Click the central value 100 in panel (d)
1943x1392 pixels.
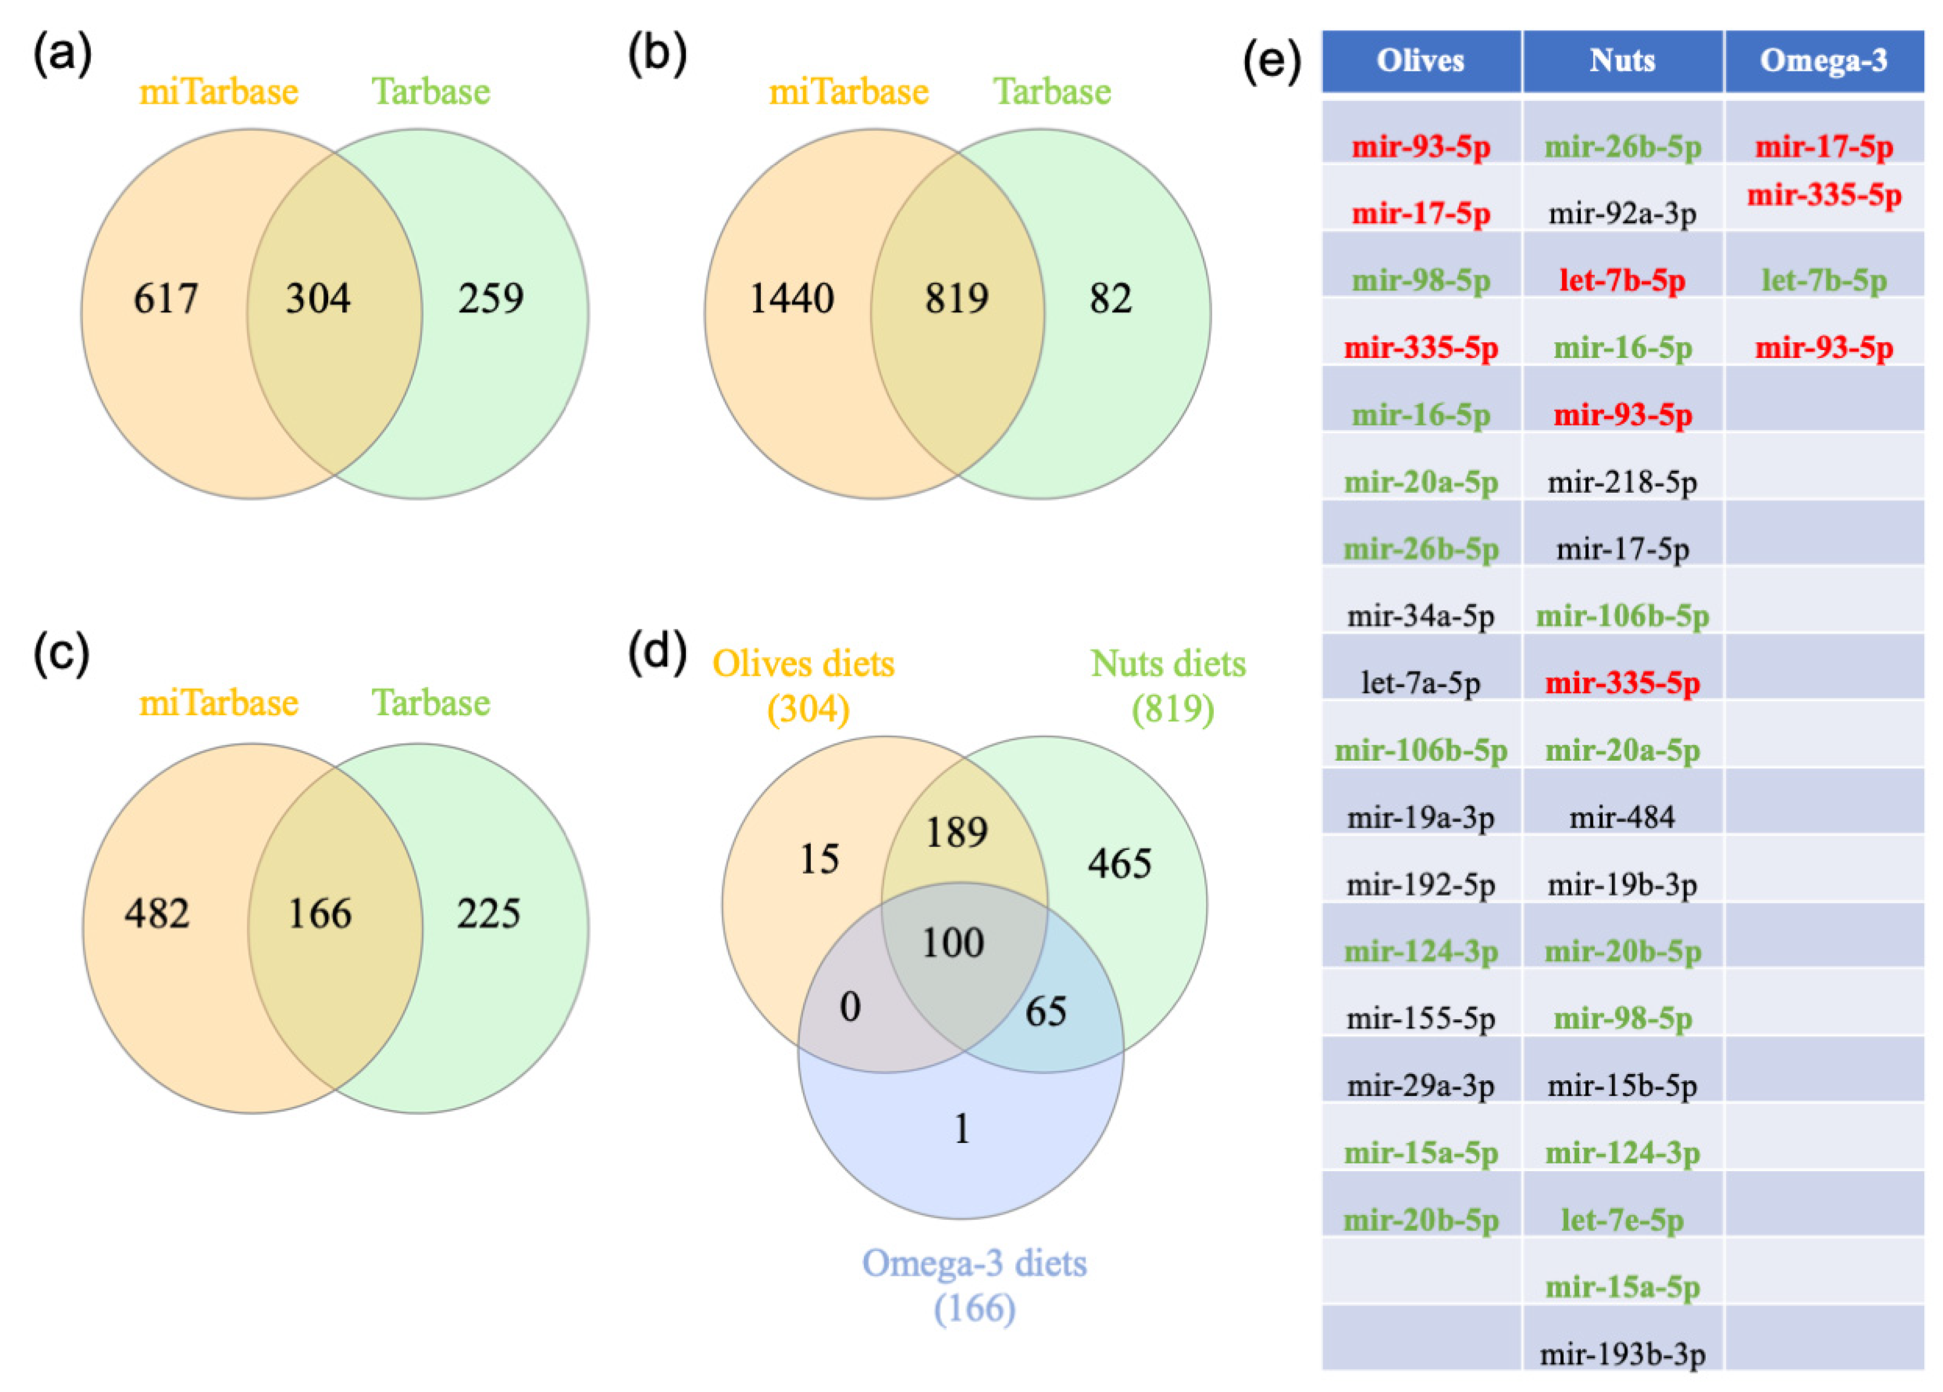[x=953, y=943]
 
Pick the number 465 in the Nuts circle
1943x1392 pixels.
[x=1120, y=863]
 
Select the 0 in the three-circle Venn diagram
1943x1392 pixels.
[x=850, y=1006]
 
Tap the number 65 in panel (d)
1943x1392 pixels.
[x=1045, y=1011]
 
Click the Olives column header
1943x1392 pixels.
[x=1421, y=61]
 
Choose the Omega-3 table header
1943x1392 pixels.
[x=1823, y=61]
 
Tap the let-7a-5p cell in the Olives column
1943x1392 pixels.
[x=1421, y=682]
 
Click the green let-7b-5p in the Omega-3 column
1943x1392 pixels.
[x=1823, y=280]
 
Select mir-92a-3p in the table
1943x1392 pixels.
[x=1622, y=214]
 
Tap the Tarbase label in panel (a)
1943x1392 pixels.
[x=430, y=92]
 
